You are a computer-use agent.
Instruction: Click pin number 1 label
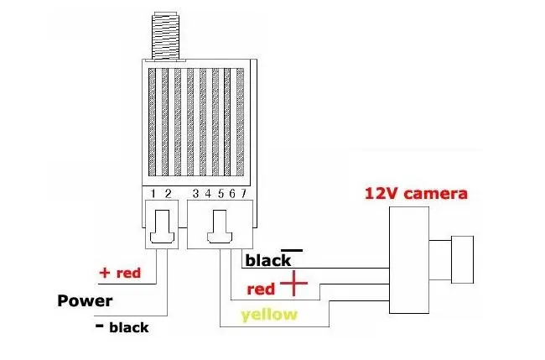point(154,194)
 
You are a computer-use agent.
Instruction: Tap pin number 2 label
point(168,194)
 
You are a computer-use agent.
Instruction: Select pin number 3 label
point(195,194)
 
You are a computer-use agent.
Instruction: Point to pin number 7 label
point(242,194)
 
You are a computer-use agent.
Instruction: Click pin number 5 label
point(220,194)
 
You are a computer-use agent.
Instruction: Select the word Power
point(84,300)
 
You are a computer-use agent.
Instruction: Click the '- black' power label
point(122,327)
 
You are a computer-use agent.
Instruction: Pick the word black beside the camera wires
point(267,260)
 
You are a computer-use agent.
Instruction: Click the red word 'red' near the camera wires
point(262,290)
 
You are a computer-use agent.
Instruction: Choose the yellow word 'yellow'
point(268,315)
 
